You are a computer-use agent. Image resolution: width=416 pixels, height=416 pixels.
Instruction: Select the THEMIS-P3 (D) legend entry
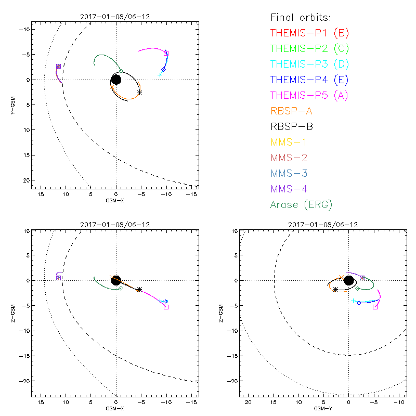(309, 64)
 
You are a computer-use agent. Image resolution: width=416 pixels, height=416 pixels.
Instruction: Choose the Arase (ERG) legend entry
(301, 204)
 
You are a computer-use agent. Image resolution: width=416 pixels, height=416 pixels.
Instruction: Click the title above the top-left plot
(115, 17)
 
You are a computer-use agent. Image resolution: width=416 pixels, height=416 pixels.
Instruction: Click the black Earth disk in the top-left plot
(116, 80)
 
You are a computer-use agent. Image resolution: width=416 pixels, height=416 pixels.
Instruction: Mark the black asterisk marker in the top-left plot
(139, 93)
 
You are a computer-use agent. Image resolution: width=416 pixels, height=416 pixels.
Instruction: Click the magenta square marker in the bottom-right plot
(375, 307)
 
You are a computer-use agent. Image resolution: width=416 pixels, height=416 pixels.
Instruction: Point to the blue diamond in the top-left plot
(163, 69)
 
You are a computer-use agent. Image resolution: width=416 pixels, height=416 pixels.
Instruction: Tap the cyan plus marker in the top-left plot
(160, 75)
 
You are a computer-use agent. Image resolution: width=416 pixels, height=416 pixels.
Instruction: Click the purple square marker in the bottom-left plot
(59, 278)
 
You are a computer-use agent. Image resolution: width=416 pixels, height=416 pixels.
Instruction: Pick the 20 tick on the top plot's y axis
(24, 180)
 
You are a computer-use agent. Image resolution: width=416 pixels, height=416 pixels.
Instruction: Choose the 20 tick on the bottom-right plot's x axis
(248, 403)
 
